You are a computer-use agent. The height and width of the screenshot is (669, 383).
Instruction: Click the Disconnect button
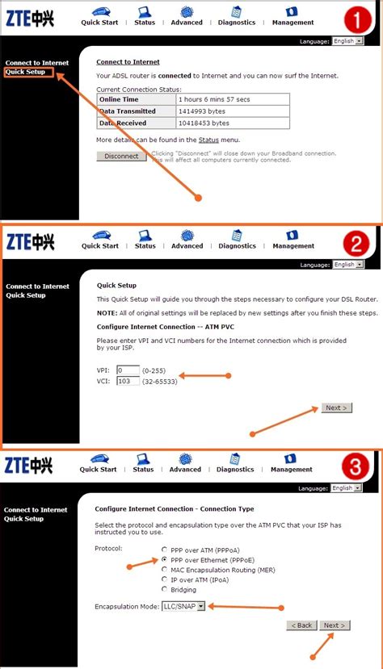(x=121, y=157)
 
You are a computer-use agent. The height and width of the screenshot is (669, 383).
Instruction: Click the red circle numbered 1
(x=356, y=18)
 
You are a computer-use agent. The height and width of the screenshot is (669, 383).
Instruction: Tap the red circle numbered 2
(x=356, y=242)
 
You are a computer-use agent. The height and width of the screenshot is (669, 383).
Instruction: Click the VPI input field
(x=128, y=370)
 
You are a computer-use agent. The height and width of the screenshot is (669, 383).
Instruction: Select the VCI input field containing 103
(x=128, y=381)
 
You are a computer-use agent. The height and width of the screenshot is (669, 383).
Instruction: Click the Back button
(x=301, y=625)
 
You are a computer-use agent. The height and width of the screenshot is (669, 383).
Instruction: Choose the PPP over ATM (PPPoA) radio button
(x=164, y=549)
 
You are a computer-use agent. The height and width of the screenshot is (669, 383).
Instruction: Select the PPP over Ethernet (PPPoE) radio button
(x=164, y=559)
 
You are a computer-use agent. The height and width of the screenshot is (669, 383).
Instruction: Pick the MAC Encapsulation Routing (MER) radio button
(x=164, y=569)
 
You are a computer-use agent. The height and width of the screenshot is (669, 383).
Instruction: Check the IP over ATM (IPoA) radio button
(x=164, y=579)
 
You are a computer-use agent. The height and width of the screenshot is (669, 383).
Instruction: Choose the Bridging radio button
(x=164, y=590)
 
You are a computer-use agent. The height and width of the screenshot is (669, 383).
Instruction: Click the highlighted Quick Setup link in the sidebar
(x=26, y=72)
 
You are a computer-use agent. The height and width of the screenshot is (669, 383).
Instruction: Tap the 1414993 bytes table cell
(x=233, y=111)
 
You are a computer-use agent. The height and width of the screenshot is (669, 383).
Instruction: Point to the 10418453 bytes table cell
(x=233, y=123)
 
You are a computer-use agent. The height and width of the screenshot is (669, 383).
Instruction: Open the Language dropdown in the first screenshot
(x=348, y=41)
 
